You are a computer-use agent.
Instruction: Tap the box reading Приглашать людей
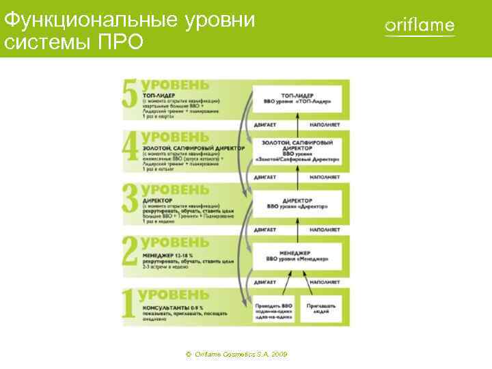pos(320,309)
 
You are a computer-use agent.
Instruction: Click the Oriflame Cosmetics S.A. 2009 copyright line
pos(236,355)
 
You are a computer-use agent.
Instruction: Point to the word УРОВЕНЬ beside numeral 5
pos(176,85)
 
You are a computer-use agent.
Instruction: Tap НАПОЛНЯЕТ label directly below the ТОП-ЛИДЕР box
pos(324,125)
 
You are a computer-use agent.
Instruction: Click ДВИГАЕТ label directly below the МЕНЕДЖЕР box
pos(265,282)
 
